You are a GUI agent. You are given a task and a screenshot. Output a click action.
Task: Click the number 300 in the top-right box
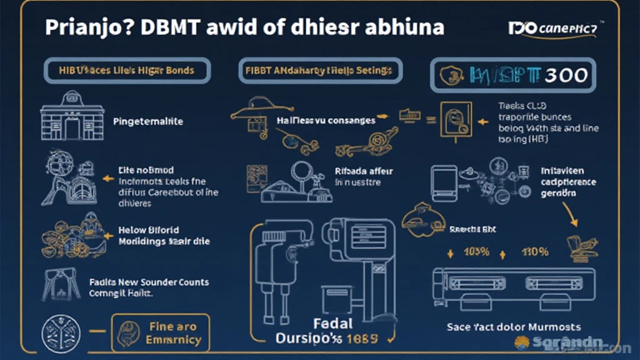(566, 76)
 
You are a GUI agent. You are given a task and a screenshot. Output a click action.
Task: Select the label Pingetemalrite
(147, 121)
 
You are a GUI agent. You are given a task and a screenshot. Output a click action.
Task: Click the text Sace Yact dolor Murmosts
(514, 327)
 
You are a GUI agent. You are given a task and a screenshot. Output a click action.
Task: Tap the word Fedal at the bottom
(332, 324)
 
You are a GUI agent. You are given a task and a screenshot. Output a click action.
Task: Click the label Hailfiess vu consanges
(326, 120)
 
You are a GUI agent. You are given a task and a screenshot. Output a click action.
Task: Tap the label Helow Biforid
(148, 230)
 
